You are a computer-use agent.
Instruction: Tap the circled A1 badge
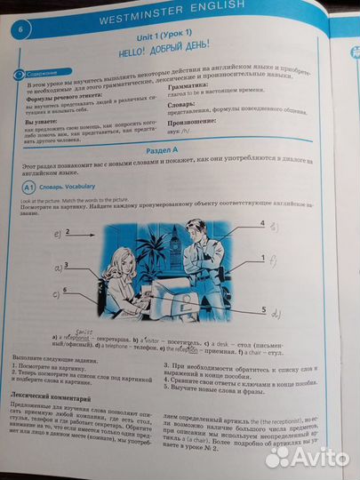pyautogui.click(x=29, y=188)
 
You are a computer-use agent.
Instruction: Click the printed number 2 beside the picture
pyautogui.click(x=68, y=230)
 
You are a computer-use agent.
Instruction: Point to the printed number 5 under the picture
pyautogui.click(x=263, y=308)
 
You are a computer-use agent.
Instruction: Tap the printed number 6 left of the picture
pyautogui.click(x=65, y=291)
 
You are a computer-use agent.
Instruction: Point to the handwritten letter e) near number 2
pyautogui.click(x=54, y=233)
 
